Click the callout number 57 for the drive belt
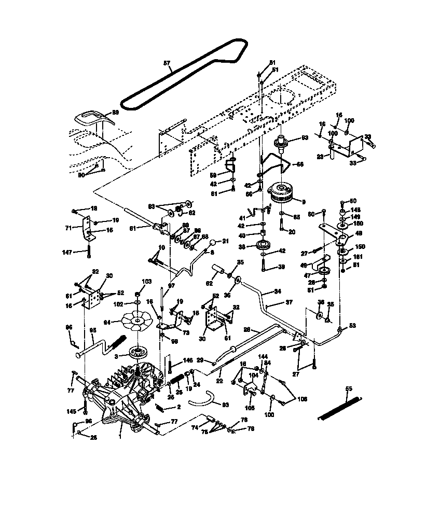[x=167, y=63]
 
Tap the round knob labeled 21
[x=212, y=243]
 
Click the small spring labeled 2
[x=164, y=408]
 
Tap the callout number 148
[x=354, y=211]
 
